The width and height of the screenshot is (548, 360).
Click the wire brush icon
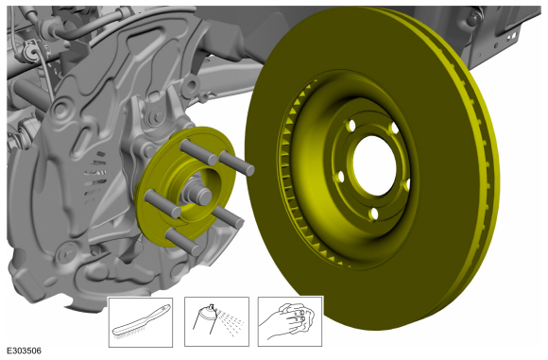141,322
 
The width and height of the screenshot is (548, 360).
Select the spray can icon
216,321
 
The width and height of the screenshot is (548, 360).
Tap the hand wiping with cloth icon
290,321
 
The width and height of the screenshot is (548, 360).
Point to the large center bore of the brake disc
375,165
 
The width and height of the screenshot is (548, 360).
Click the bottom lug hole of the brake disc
373,214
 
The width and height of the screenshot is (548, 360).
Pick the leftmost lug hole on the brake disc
340,176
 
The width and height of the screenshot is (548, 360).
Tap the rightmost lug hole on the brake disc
406,185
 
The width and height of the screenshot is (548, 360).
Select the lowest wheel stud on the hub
183,242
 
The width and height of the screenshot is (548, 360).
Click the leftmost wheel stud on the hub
163,203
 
